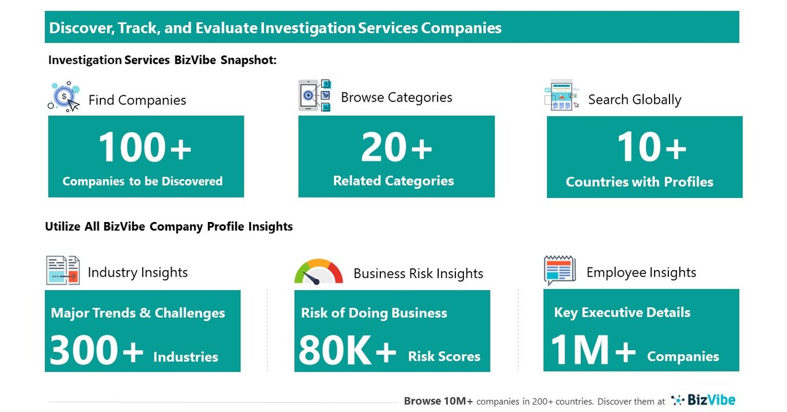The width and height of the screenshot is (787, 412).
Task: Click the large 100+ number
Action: click(x=145, y=148)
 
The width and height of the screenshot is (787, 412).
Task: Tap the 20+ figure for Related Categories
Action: click(x=396, y=148)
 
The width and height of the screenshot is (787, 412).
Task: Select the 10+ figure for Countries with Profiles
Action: click(x=651, y=148)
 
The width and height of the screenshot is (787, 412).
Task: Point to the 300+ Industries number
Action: click(x=96, y=351)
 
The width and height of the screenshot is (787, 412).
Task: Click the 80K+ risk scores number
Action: click(x=347, y=351)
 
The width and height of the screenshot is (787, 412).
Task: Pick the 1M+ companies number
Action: click(x=593, y=351)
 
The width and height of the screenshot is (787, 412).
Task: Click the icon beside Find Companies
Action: click(x=64, y=97)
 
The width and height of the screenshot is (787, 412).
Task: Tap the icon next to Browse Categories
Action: click(x=314, y=95)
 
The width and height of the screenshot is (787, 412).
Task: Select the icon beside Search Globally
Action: click(x=561, y=95)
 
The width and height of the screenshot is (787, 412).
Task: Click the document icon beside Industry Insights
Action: click(x=63, y=271)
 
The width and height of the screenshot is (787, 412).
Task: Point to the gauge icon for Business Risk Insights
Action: click(x=318, y=272)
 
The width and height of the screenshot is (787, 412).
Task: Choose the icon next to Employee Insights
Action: click(x=559, y=271)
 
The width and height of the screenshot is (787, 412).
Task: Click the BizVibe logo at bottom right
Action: click(x=703, y=400)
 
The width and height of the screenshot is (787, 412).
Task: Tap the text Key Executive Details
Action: click(x=621, y=312)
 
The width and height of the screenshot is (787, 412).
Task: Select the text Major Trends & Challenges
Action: click(x=138, y=312)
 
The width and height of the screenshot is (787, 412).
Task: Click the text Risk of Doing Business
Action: click(x=374, y=313)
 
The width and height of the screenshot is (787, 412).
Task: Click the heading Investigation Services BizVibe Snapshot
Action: click(x=162, y=60)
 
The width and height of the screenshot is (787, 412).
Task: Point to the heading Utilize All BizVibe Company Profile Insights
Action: click(x=169, y=226)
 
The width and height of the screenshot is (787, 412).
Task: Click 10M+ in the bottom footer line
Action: click(x=456, y=401)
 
